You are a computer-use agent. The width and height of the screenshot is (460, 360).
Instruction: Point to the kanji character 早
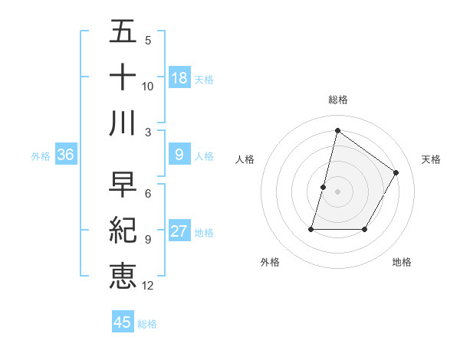pos(123,185)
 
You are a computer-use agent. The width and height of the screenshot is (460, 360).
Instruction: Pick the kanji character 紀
pos(123,231)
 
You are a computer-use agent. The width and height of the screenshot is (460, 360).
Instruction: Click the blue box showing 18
pos(179,78)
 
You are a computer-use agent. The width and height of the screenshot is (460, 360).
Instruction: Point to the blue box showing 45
pos(123,322)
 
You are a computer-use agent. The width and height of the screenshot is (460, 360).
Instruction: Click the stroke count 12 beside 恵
pos(147,286)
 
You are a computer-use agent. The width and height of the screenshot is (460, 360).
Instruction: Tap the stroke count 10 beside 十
pos(147,86)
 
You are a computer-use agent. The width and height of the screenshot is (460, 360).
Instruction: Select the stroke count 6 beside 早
pos(147,194)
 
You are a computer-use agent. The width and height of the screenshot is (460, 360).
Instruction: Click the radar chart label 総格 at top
pos(337,100)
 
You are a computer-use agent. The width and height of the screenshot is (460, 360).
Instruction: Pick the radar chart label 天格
pos(432,159)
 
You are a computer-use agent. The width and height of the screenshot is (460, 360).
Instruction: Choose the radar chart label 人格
pos(245,159)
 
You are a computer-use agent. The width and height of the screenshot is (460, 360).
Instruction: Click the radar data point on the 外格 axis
pos(311,229)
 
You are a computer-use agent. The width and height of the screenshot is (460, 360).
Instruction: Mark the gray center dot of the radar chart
pos(337,191)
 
